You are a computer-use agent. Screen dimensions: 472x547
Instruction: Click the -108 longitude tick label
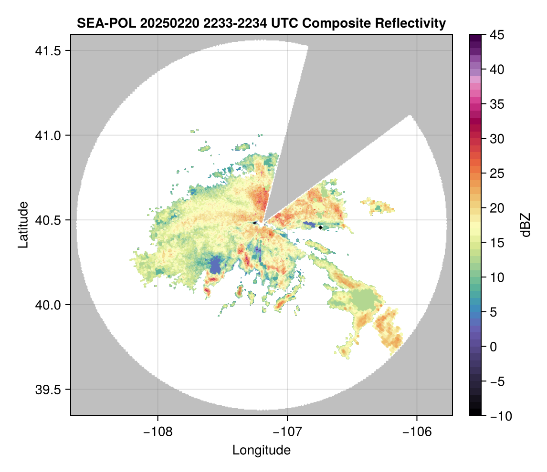coord(157,431)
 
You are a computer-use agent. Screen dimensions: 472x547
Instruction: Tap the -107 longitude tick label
coord(287,431)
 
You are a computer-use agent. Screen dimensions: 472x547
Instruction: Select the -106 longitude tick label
coord(417,431)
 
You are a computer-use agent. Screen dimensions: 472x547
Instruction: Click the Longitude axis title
coord(261,450)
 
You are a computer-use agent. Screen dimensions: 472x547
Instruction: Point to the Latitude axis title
coord(23,225)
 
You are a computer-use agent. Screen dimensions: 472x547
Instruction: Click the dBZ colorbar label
coord(526,225)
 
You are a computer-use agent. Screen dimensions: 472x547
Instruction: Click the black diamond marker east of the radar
coord(320,227)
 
